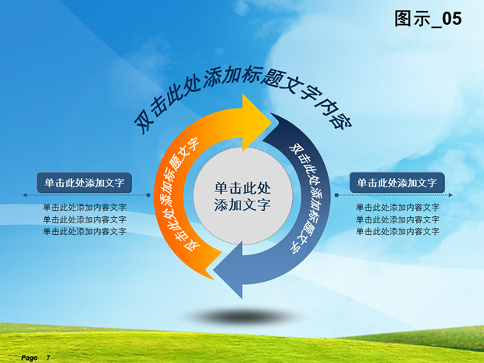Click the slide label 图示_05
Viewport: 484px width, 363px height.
pos(428,19)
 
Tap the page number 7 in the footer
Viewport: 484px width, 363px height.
pos(48,358)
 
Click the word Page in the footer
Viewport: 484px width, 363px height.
pos(29,358)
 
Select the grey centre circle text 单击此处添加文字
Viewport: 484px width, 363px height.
pos(243,196)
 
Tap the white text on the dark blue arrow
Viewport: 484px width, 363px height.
pos(305,198)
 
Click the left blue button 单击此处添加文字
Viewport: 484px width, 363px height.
pos(84,183)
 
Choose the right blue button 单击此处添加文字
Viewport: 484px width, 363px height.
pos(397,183)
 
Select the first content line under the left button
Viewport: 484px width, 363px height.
pos(84,207)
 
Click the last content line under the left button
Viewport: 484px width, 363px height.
pos(84,231)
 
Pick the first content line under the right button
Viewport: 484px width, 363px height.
pos(397,207)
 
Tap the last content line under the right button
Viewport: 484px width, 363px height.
pos(397,231)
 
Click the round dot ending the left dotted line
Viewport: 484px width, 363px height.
pos(148,195)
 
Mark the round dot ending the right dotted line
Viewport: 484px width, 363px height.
pos(336,195)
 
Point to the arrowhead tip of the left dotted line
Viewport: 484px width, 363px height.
pos(23,195)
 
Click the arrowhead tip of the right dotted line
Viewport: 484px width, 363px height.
pos(452,195)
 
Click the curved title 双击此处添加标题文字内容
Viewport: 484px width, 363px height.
pos(242,99)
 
